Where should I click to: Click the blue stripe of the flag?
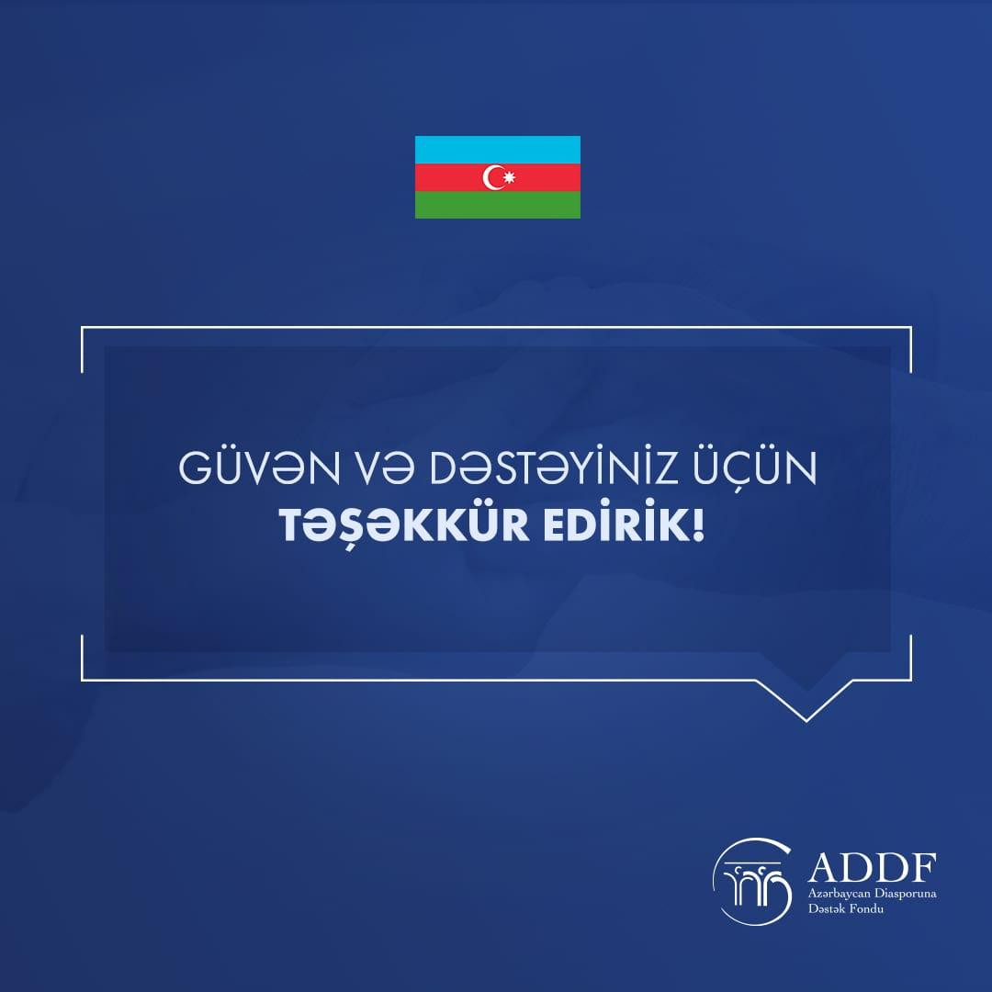(x=497, y=150)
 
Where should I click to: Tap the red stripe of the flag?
(x=497, y=177)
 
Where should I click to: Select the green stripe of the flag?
(x=497, y=204)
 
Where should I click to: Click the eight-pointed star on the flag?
(x=509, y=178)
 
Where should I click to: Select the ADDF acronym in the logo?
(x=872, y=868)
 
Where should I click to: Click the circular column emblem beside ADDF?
(x=752, y=881)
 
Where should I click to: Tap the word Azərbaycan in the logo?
(x=837, y=895)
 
